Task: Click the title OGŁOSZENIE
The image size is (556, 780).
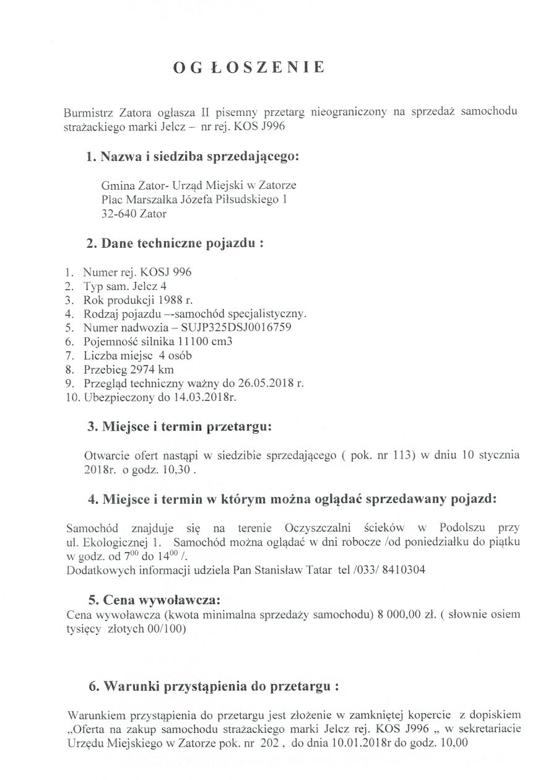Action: point(248,68)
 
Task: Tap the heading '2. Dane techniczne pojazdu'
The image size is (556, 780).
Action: point(175,243)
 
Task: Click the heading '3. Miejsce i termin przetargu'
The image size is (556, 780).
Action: point(178,426)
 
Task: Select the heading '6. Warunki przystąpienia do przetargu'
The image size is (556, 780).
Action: point(214,686)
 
